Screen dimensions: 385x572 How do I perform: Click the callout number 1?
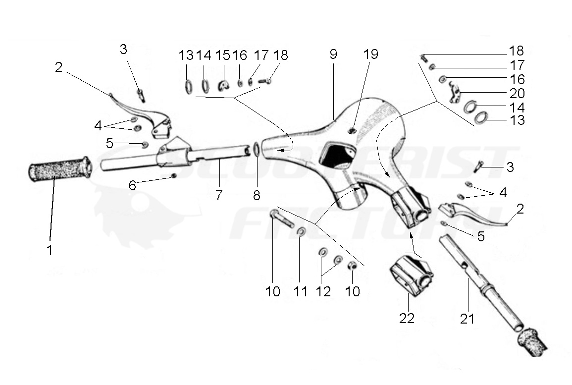click(50, 250)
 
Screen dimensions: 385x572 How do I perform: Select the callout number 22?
click(407, 318)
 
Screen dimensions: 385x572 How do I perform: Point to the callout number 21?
click(467, 319)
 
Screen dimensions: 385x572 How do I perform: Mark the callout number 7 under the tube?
click(219, 195)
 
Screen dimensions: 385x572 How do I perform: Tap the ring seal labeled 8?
click(256, 149)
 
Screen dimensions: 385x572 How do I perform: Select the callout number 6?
click(132, 185)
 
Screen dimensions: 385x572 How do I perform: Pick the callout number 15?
click(223, 55)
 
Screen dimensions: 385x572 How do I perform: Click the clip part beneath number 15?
click(223, 86)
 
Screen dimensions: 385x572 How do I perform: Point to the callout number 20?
click(517, 93)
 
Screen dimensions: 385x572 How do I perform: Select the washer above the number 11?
click(301, 232)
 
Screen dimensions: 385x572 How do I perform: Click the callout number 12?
click(323, 291)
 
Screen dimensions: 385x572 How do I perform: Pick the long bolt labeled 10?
click(281, 218)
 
